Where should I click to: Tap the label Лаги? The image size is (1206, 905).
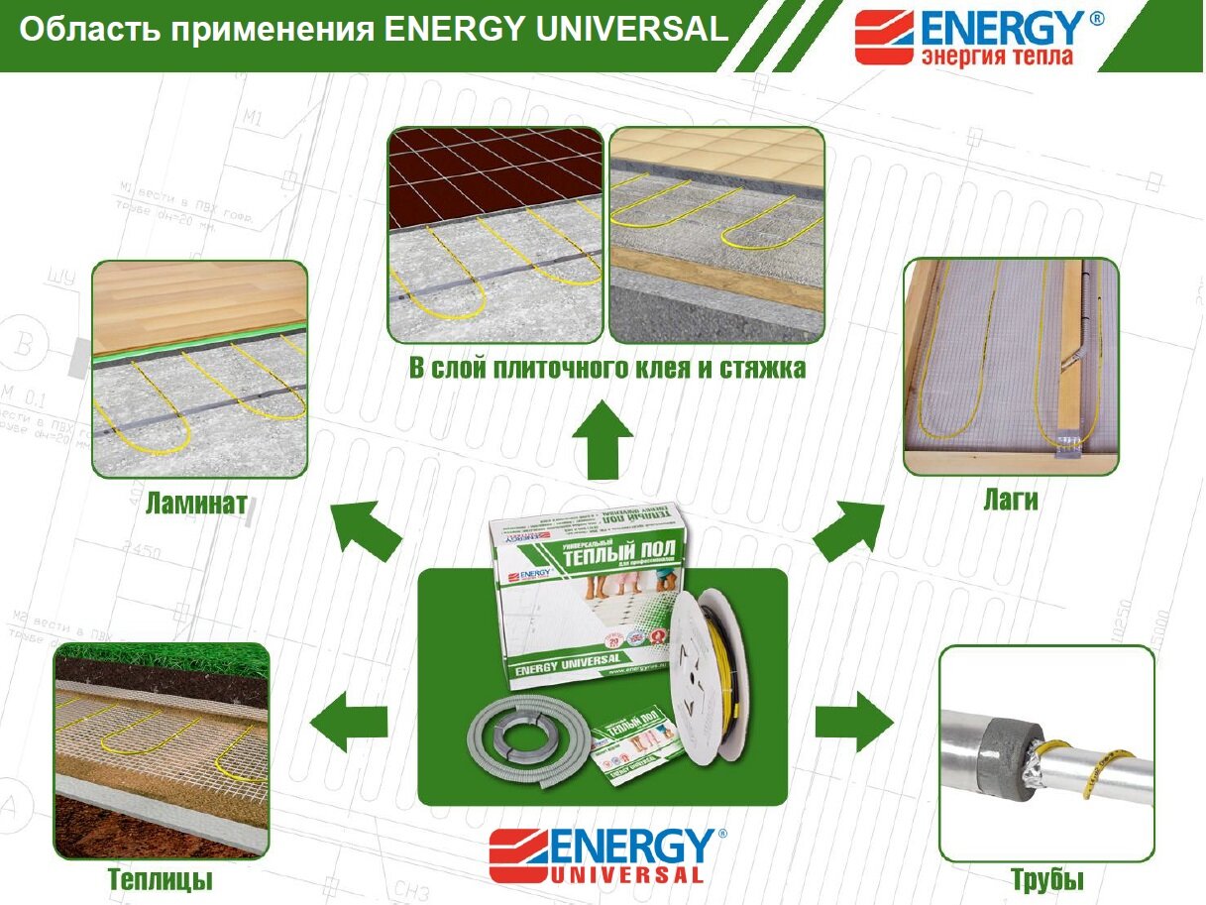point(1011,500)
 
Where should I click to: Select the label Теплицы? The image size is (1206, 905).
point(160,879)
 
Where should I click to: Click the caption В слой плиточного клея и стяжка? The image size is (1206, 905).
point(607,369)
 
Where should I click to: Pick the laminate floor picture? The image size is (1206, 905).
point(199,368)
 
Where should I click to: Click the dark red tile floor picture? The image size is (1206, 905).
point(495,234)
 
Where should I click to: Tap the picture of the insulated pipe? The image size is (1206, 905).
point(1046,753)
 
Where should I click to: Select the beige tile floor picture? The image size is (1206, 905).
point(716,234)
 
